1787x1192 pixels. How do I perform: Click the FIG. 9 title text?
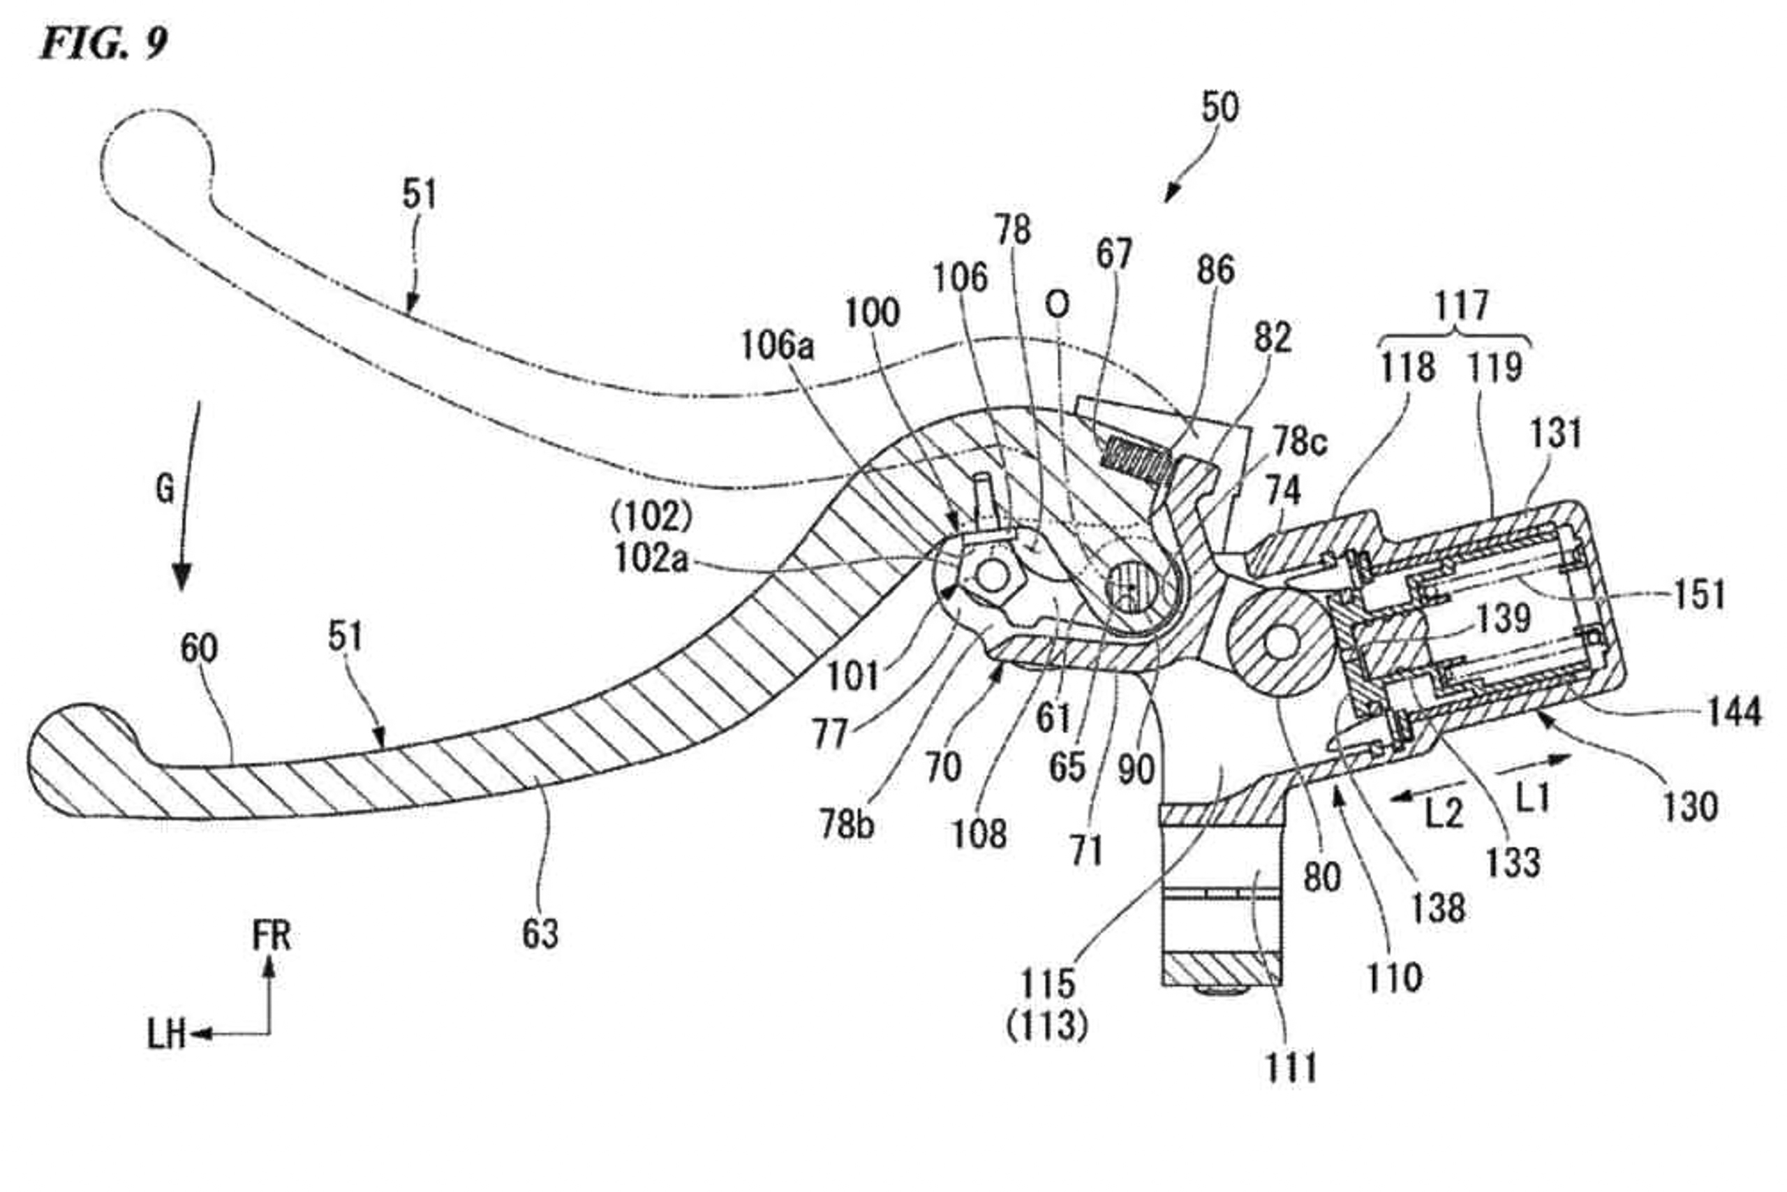(103, 43)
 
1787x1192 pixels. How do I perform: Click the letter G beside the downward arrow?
(165, 489)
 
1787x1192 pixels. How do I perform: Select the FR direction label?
(272, 935)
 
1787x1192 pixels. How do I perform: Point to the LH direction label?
(166, 1034)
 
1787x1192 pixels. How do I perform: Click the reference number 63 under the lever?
(540, 934)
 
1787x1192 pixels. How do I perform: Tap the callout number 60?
(199, 649)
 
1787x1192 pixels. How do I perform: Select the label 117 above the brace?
(1461, 306)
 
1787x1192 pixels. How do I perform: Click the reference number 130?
(1691, 807)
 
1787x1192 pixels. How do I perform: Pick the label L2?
(1444, 814)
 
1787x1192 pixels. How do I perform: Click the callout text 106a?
(777, 346)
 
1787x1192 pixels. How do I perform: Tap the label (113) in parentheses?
(1047, 1027)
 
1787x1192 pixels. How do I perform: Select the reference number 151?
(1700, 594)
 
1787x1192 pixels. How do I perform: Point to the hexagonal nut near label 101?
(991, 576)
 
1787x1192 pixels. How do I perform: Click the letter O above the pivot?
(1057, 305)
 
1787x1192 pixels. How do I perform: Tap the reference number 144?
(1734, 712)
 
